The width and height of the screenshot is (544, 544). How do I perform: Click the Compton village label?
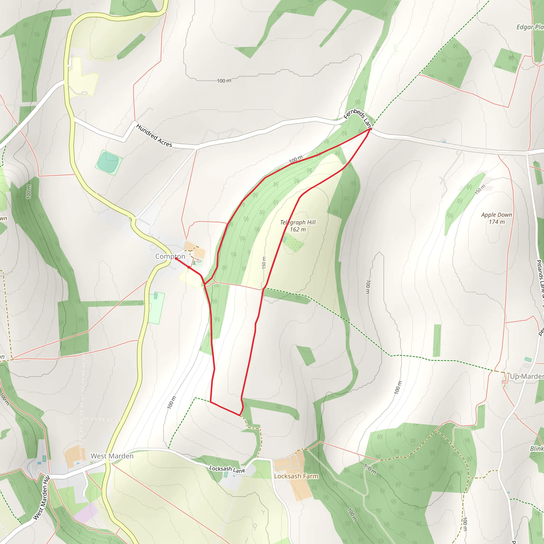170,256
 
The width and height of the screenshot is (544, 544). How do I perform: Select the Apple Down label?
496,215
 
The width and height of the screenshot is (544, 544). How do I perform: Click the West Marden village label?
112,456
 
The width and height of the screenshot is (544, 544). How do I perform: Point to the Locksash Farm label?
296,476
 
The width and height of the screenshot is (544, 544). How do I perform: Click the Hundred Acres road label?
154,135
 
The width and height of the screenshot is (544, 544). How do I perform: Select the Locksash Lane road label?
227,469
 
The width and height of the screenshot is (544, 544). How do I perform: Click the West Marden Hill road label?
41,497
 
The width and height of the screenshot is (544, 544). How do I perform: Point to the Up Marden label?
526,376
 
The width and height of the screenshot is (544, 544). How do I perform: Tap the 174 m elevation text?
497,222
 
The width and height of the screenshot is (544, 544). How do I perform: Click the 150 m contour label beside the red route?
264,263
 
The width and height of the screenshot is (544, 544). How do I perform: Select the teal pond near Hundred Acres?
108,163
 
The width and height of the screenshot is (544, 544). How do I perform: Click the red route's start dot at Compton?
176,258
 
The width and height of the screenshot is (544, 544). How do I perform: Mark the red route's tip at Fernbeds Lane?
369,129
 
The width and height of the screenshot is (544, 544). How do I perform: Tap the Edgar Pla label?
530,27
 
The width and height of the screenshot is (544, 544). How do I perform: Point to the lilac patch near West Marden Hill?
86,512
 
